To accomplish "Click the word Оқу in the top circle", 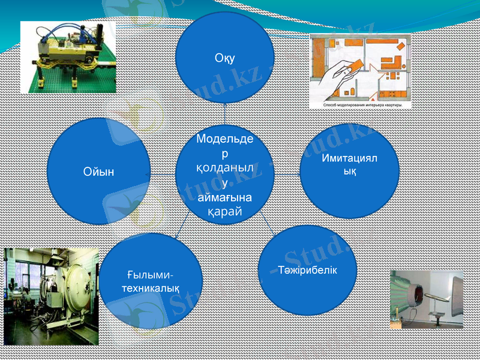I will coord(224,58).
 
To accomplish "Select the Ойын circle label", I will coord(98,172).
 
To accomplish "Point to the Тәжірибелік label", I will coord(307,269).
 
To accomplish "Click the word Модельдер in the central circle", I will coord(224,144).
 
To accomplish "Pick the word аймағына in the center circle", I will coord(224,197).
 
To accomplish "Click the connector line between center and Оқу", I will coord(224,113).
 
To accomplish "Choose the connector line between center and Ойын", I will coord(162,173).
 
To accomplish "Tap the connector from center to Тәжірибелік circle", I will coord(266,226).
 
